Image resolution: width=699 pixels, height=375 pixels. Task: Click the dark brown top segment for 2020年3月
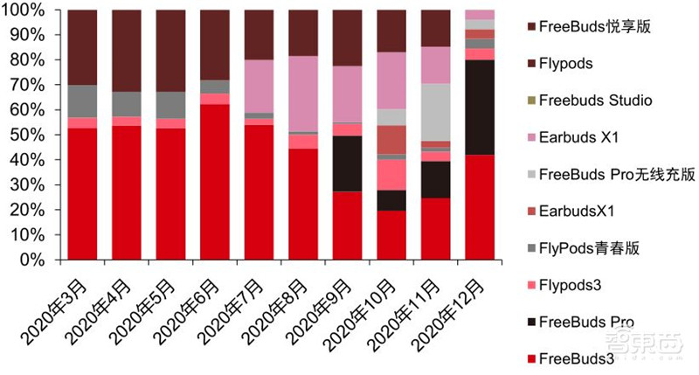tap(82, 47)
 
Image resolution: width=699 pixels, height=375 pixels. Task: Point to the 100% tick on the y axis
tap(35, 10)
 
